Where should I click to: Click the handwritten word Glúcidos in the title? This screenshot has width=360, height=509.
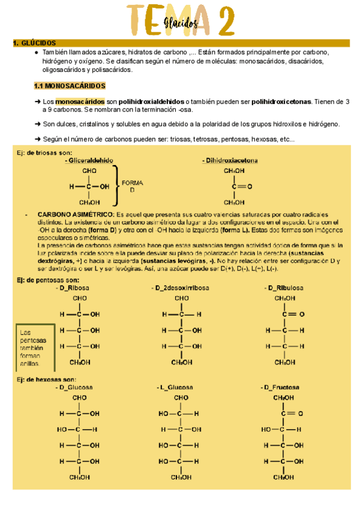(x=179, y=23)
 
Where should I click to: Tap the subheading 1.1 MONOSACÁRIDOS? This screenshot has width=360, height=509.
(x=70, y=86)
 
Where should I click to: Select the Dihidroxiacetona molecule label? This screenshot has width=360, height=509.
(x=232, y=161)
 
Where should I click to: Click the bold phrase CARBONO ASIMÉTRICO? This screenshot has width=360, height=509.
(x=76, y=214)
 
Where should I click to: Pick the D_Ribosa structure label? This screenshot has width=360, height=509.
(x=73, y=288)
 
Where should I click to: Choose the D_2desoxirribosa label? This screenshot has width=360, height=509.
(x=181, y=288)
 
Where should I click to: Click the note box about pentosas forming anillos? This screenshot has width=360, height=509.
(x=35, y=348)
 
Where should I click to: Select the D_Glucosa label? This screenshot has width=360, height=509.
(x=75, y=387)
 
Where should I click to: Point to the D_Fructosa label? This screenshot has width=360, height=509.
(x=281, y=387)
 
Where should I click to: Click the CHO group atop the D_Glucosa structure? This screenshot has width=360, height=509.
(x=79, y=397)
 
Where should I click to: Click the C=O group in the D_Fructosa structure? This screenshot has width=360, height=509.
(x=287, y=413)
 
